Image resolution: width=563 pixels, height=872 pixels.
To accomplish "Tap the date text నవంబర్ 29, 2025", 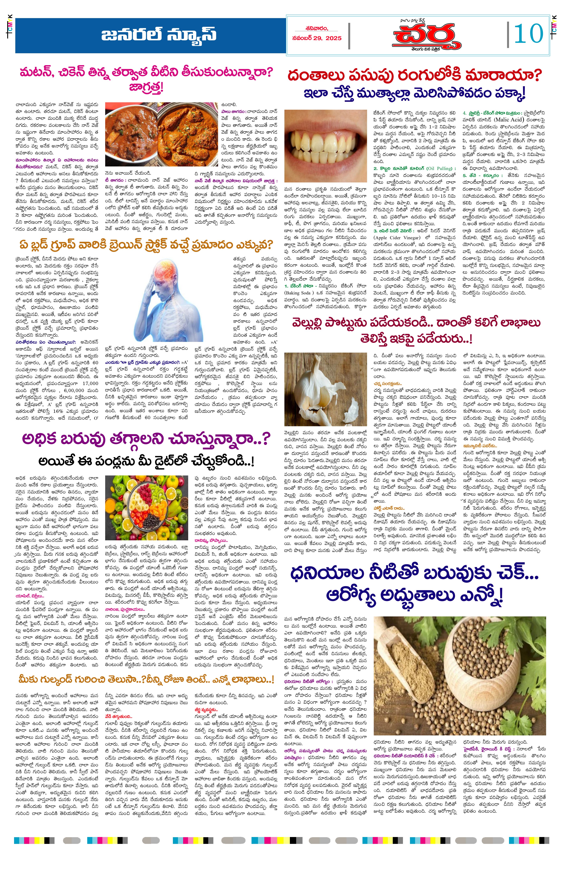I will (x=317, y=38).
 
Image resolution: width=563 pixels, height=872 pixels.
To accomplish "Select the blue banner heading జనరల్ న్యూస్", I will (x=159, y=36).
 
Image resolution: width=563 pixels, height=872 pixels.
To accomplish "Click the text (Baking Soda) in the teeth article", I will (x=298, y=293).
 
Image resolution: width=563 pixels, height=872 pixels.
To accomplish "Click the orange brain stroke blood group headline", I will (x=146, y=244).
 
